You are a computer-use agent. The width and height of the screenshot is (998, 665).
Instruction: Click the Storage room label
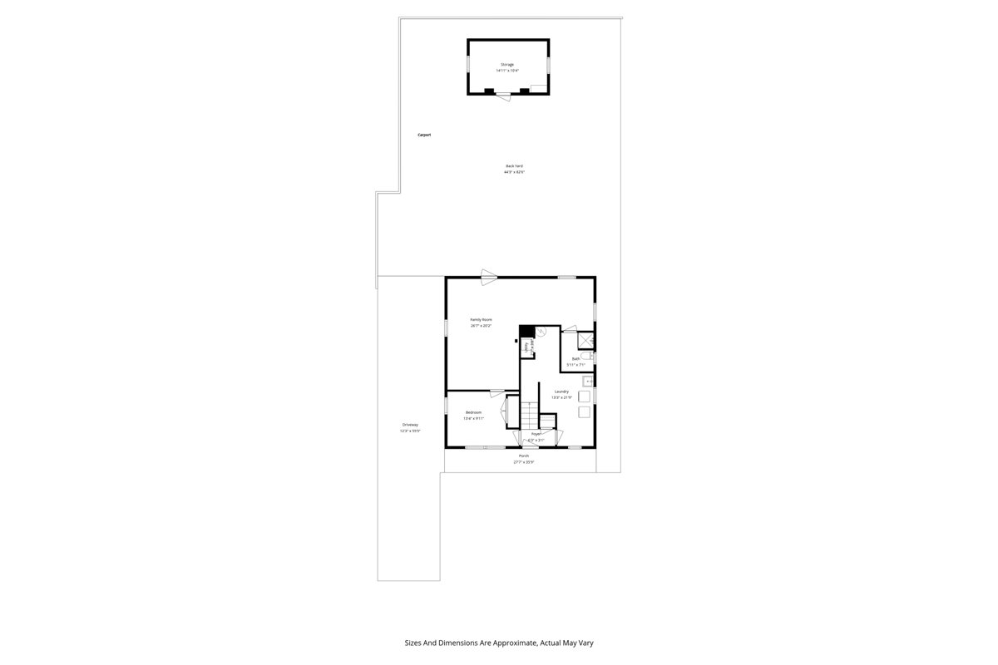coord(506,64)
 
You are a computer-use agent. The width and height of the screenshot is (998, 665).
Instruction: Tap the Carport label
coord(424,135)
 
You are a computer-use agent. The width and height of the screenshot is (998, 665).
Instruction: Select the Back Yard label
coord(514,166)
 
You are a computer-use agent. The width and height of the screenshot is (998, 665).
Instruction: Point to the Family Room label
coord(481,320)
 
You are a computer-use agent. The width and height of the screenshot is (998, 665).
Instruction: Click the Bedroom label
coord(473,413)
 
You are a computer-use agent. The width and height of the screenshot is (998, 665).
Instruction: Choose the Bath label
coord(576,359)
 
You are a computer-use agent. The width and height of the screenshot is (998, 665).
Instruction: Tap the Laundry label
coord(561,392)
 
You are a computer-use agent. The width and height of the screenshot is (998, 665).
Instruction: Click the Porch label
coord(524,456)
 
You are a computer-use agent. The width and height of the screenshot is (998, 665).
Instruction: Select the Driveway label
coord(410,425)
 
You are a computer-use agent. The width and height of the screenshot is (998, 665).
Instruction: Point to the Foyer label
coord(536,434)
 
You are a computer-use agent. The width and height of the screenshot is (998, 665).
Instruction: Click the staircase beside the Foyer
coord(530,413)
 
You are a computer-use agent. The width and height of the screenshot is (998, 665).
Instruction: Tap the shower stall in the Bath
coord(586,340)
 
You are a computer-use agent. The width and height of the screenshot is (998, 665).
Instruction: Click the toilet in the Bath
coord(587,356)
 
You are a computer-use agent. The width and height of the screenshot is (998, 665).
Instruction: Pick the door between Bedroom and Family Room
coord(499,392)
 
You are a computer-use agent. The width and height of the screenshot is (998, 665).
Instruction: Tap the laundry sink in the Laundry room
coord(587,382)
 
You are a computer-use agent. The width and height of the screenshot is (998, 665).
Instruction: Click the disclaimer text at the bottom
coord(499,643)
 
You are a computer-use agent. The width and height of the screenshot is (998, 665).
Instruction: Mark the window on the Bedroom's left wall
coord(446,406)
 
